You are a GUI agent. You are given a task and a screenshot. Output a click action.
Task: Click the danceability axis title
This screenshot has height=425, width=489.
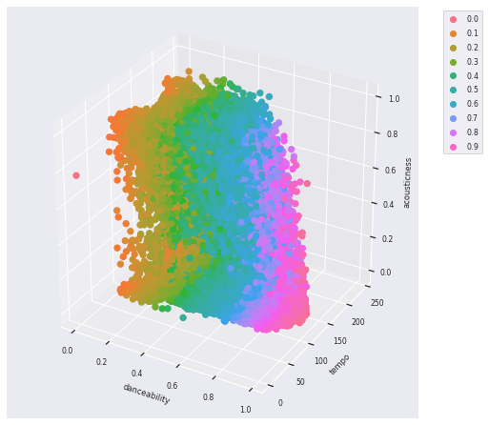(x=146, y=393)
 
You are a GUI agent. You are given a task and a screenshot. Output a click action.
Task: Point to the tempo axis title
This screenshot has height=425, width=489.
(x=339, y=364)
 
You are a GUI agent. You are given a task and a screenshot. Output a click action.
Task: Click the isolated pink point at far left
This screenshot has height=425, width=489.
(x=76, y=175)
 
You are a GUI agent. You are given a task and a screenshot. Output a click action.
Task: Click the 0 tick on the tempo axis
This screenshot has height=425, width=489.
(x=281, y=402)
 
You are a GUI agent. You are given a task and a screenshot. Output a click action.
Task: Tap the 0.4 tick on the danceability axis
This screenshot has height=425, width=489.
(x=137, y=373)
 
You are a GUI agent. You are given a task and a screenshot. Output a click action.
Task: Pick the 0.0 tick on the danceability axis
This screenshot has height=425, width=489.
(x=67, y=350)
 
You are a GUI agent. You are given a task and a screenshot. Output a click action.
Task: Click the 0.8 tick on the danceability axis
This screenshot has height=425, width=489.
(x=210, y=396)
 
